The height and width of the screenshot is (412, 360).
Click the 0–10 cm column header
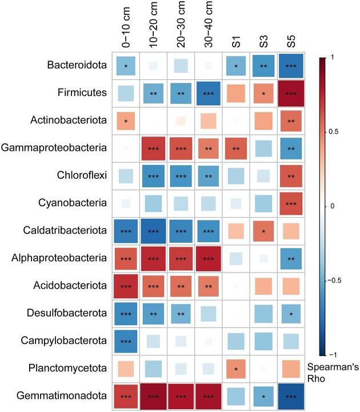tap(126, 26)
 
